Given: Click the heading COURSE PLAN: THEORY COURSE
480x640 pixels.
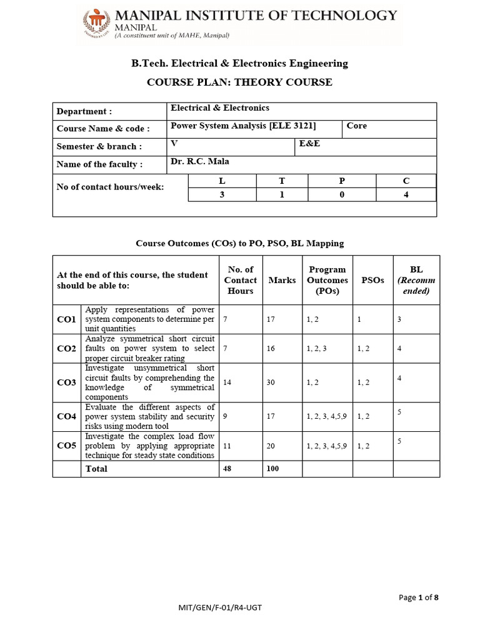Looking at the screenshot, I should (239, 82).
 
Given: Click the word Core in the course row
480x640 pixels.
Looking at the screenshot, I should (357, 126).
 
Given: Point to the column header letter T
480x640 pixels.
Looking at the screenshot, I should (282, 180).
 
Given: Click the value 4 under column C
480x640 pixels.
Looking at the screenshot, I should (406, 194).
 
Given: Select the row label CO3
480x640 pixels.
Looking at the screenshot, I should (66, 382).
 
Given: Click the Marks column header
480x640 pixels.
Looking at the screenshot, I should (282, 280).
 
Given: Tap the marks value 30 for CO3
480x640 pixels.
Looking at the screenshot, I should (271, 382).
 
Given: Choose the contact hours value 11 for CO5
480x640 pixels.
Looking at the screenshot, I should (227, 446).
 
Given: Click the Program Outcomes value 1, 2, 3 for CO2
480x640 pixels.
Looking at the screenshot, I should (317, 349).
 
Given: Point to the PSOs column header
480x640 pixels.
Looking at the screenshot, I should (372, 280).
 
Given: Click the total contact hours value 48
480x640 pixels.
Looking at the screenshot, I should (227, 469).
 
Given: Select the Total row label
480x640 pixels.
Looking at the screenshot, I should (96, 469).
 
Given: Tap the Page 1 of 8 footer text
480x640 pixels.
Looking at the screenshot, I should (419, 597).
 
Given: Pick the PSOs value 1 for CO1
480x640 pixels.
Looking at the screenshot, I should (359, 319).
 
